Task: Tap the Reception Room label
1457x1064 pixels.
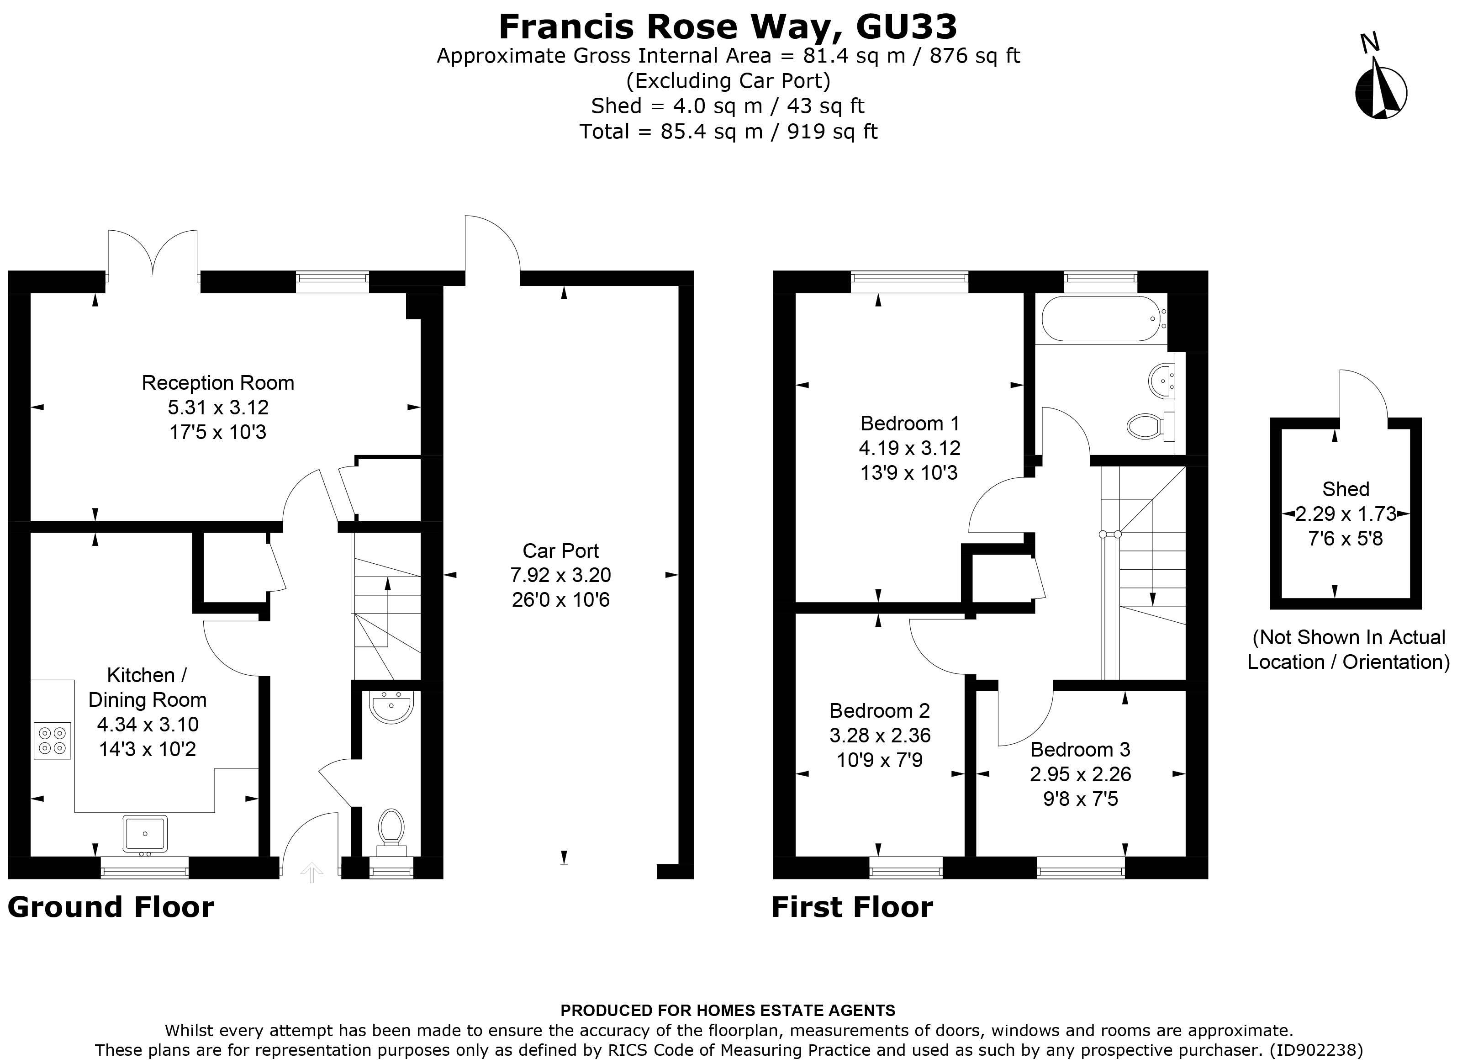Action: (x=217, y=382)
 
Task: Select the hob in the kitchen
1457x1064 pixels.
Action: (x=52, y=741)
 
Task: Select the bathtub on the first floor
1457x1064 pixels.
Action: (x=1100, y=318)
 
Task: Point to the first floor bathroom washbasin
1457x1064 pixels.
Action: (x=1161, y=381)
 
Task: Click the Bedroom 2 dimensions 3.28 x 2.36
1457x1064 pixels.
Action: (x=880, y=735)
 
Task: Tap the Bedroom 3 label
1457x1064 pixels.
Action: (x=1080, y=749)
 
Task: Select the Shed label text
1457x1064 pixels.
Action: (x=1345, y=489)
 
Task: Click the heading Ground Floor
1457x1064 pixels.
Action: (x=111, y=907)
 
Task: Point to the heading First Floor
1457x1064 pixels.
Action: (x=852, y=907)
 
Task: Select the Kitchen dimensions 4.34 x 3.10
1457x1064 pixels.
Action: (x=148, y=724)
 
